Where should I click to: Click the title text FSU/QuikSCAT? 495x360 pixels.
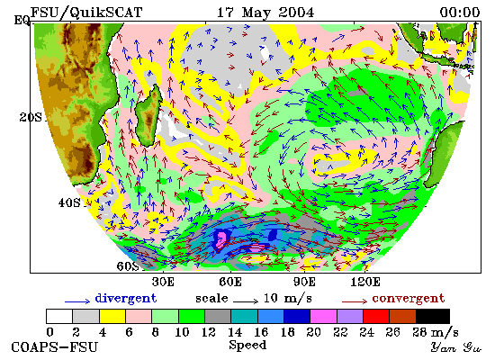[86, 13]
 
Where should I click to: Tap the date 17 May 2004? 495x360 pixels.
[265, 13]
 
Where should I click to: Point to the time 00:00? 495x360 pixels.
[460, 13]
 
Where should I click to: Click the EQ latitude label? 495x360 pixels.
[22, 21]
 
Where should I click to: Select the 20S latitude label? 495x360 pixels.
[31, 118]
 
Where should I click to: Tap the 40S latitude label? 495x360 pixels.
[69, 202]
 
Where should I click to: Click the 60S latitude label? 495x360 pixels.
[128, 266]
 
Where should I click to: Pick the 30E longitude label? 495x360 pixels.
[163, 282]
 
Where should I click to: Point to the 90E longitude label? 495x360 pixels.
[304, 282]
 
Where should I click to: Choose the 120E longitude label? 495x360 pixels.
[365, 282]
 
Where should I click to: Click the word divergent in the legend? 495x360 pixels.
[126, 299]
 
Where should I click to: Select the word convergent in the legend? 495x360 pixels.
[409, 299]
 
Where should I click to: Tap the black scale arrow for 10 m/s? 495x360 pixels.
[246, 301]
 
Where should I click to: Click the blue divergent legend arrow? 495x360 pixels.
[77, 301]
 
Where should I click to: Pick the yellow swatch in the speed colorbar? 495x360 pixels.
[112, 317]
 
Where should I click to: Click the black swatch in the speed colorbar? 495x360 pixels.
[433, 317]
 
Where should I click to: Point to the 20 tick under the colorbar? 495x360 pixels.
[313, 332]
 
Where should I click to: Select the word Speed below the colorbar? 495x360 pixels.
[247, 346]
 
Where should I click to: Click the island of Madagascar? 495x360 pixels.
[148, 115]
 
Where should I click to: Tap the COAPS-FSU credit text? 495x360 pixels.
[54, 347]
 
